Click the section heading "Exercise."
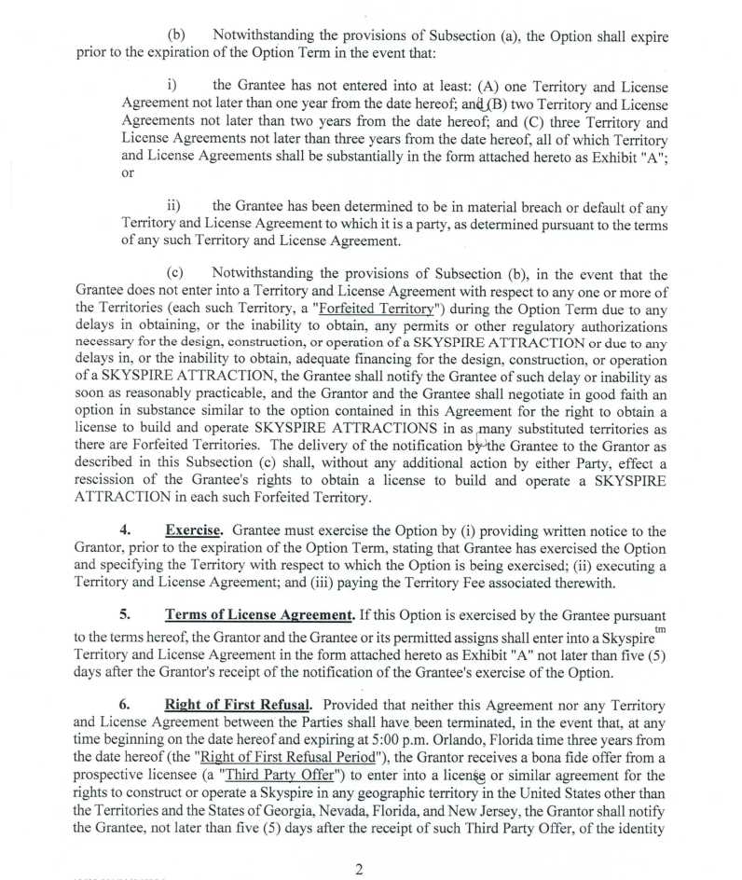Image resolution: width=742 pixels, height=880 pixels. point(193,531)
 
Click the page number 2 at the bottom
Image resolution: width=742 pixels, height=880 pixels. point(359,870)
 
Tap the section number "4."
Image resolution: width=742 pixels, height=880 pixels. point(125,531)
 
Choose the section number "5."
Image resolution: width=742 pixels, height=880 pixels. point(125,615)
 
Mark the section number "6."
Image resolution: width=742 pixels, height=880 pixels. point(125,705)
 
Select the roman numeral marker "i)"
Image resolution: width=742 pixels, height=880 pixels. point(172,87)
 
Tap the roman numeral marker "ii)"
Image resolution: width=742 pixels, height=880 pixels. point(174,206)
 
